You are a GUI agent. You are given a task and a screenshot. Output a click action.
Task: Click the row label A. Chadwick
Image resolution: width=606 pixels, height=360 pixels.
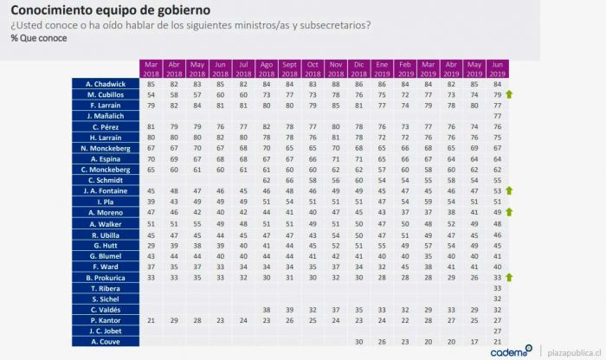pyautogui.click(x=105, y=83)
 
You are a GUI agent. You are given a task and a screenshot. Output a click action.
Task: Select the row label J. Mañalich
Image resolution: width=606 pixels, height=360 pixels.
pyautogui.click(x=105, y=115)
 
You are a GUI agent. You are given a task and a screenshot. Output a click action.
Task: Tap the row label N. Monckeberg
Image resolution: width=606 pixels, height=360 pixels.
pyautogui.click(x=105, y=147)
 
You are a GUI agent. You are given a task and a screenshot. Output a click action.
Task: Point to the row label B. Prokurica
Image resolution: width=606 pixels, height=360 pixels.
pyautogui.click(x=105, y=277)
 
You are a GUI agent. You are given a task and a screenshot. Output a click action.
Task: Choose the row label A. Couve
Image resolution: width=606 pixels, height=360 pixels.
pyautogui.click(x=105, y=341)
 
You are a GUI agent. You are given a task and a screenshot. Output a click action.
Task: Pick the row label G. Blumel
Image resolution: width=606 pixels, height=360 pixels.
pyautogui.click(x=105, y=255)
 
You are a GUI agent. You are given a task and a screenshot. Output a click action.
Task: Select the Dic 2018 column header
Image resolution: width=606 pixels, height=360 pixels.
pyautogui.click(x=358, y=68)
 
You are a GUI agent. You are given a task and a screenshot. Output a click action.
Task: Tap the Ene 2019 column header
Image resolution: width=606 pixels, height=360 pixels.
pyautogui.click(x=382, y=68)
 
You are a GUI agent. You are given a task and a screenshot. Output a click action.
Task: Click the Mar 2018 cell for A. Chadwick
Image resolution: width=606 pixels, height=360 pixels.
pyautogui.click(x=151, y=83)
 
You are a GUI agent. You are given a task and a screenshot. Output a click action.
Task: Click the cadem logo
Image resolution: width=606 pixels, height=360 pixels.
pyautogui.click(x=511, y=351)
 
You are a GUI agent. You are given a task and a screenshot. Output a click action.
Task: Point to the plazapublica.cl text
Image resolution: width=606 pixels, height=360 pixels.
pyautogui.click(x=572, y=351)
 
